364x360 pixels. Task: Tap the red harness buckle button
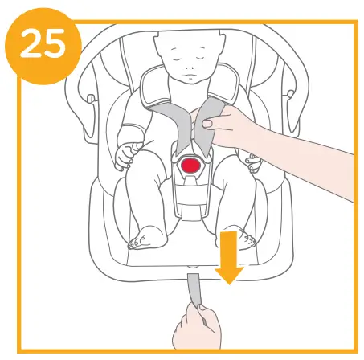[190, 165]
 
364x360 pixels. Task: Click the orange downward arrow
[230, 254]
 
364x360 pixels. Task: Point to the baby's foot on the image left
[147, 235]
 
